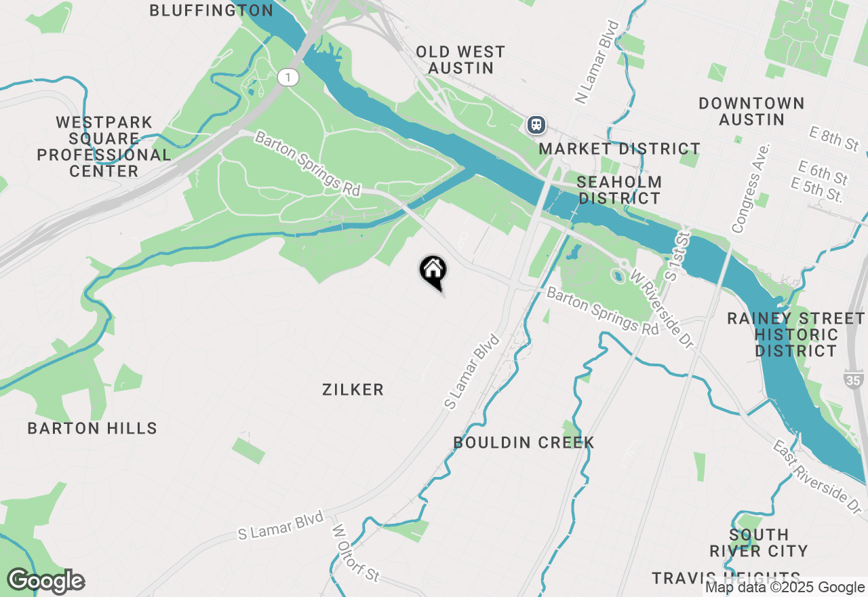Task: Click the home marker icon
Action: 433,271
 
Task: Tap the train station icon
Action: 536,125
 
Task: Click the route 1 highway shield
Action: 288,77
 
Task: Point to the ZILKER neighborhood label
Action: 353,389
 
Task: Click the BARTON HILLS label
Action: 92,428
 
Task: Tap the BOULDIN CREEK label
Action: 524,442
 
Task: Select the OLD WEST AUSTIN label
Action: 460,60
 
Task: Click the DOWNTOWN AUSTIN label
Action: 751,111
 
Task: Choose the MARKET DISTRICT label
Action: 620,149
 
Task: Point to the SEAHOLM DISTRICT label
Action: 619,190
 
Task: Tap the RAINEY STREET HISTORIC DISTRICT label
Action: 796,334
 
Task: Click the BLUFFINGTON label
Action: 211,10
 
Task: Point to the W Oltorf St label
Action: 355,552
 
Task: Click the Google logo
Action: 45,581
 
